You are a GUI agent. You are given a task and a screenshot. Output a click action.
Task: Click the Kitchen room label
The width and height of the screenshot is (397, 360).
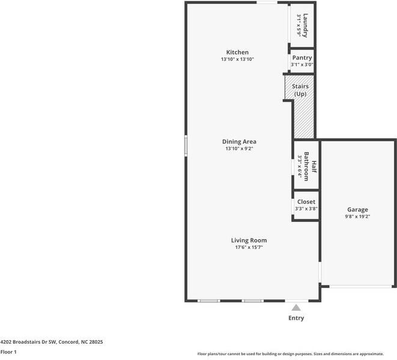click(237, 52)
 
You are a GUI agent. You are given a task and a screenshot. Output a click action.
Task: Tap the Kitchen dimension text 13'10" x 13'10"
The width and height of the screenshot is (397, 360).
click(237, 59)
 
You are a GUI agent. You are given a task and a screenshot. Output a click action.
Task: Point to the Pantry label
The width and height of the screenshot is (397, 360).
click(302, 58)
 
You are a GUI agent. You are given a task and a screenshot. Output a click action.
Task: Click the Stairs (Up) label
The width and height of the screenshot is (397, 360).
click(300, 90)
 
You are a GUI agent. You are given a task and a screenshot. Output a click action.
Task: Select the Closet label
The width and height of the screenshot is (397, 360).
click(306, 202)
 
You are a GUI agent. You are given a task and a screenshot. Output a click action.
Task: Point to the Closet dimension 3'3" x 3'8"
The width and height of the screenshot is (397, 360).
click(306, 209)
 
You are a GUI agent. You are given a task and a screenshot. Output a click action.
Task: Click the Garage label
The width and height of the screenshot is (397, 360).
click(357, 210)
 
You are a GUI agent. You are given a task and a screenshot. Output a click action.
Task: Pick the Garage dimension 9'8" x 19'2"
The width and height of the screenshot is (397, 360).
click(357, 216)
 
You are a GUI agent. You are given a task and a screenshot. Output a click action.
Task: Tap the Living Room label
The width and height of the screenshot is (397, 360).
click(249, 240)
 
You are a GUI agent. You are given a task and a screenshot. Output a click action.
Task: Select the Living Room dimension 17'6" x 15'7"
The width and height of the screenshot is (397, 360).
click(249, 247)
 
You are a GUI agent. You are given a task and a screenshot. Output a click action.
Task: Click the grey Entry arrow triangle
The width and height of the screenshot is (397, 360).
click(296, 307)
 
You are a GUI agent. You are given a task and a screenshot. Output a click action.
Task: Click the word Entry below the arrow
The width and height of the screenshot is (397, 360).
click(296, 318)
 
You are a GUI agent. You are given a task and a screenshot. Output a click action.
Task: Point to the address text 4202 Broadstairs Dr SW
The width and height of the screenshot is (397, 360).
click(30, 341)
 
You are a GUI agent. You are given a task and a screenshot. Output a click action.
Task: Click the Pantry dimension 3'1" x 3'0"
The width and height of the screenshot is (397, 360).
click(302, 64)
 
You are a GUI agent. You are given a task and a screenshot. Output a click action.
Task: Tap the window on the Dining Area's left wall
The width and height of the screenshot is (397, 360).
click(186, 146)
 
